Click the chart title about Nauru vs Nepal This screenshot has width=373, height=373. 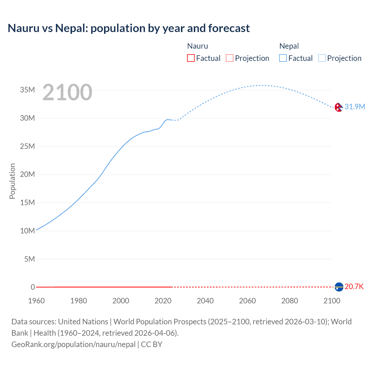pyautogui.click(x=129, y=28)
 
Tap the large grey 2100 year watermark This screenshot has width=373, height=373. pyautogui.click(x=67, y=92)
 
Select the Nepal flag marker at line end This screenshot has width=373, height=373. pyautogui.click(x=339, y=107)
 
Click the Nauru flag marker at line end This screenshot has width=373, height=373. pyautogui.click(x=339, y=287)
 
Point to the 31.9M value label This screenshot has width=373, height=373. pyautogui.click(x=355, y=107)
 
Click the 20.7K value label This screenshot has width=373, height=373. pyautogui.click(x=354, y=286)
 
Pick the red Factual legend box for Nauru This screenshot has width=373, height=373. pyautogui.click(x=191, y=58)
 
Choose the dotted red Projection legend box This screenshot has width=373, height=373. pyautogui.click(x=230, y=58)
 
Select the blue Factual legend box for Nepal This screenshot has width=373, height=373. pyautogui.click(x=283, y=58)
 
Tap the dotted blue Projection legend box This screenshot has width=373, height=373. pyautogui.click(x=322, y=58)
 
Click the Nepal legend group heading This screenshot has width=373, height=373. pyautogui.click(x=289, y=46)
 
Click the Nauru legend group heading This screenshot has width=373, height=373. pyautogui.click(x=197, y=46)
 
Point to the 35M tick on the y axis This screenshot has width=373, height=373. pyautogui.click(x=27, y=90)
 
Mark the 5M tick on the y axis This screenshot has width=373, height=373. pyautogui.click(x=29, y=259)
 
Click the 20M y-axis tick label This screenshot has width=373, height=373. pyautogui.click(x=27, y=174)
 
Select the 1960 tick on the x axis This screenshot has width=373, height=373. pyautogui.click(x=36, y=301)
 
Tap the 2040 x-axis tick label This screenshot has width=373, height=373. pyautogui.click(x=205, y=301)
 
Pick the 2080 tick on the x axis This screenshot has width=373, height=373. pyautogui.click(x=290, y=301)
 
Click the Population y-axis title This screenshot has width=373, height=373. pyautogui.click(x=12, y=181)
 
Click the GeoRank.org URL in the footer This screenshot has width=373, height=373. pyautogui.click(x=73, y=344)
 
